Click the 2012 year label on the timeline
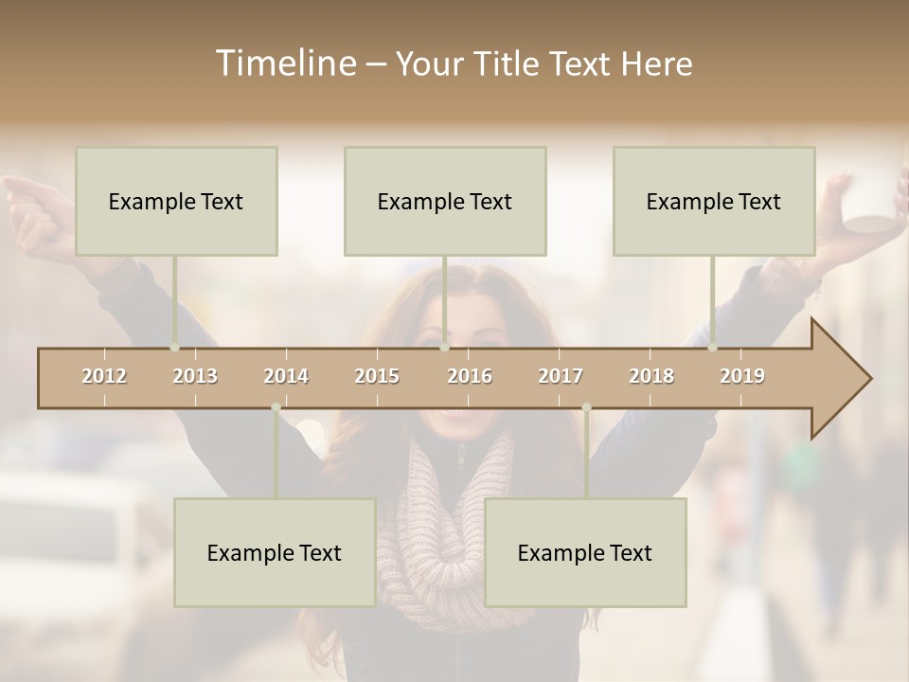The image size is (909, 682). pyautogui.click(x=104, y=376)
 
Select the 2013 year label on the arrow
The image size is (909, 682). pyautogui.click(x=195, y=376)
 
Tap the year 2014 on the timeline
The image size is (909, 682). pyautogui.click(x=286, y=376)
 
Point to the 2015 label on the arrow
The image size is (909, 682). pyautogui.click(x=377, y=376)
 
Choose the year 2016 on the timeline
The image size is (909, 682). pyautogui.click(x=470, y=376)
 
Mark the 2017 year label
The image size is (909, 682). pyautogui.click(x=561, y=376)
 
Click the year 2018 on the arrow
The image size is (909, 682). pyautogui.click(x=651, y=376)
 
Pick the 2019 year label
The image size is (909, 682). pyautogui.click(x=742, y=376)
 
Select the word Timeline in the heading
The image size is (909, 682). pyautogui.click(x=284, y=63)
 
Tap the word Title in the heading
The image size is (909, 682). pyautogui.click(x=508, y=63)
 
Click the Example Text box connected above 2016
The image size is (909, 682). pyautogui.click(x=445, y=201)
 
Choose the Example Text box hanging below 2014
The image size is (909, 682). pyautogui.click(x=275, y=552)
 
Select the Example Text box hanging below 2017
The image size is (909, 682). pyautogui.click(x=585, y=552)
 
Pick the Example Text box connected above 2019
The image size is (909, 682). pyautogui.click(x=714, y=201)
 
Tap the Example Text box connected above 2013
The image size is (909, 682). pyautogui.click(x=176, y=201)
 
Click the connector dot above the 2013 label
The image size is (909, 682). pyautogui.click(x=174, y=347)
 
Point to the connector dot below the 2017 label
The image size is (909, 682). pyautogui.click(x=586, y=407)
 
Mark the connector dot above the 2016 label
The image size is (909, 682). pyautogui.click(x=444, y=347)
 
